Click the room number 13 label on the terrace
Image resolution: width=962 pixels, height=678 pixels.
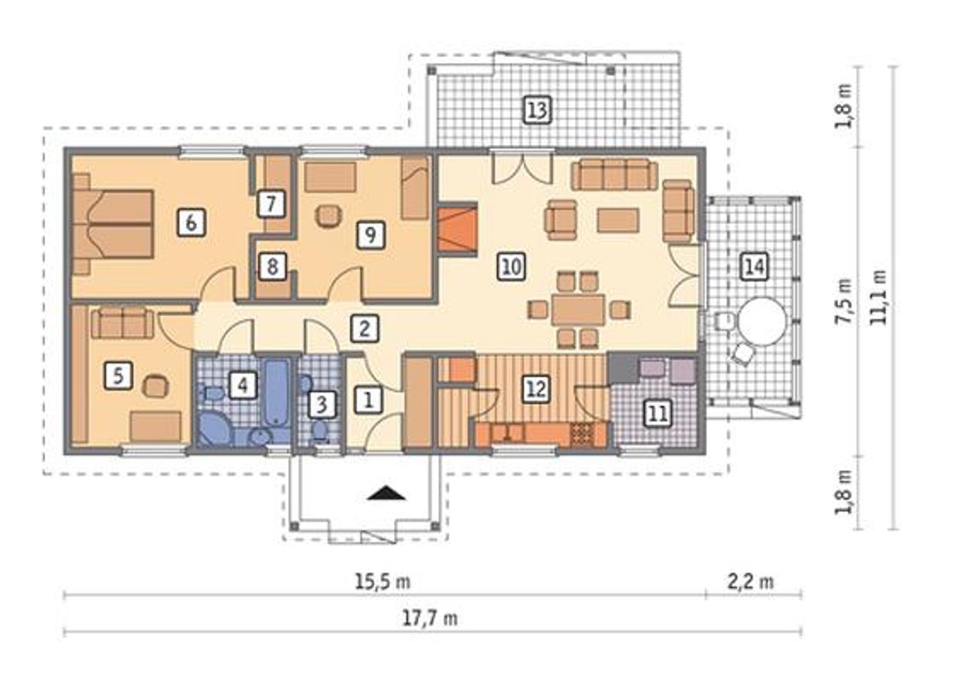(x=537, y=110)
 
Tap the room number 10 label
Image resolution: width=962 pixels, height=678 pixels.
(x=512, y=267)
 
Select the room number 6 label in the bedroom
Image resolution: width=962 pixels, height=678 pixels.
(x=191, y=222)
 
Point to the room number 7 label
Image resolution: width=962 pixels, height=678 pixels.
(x=271, y=203)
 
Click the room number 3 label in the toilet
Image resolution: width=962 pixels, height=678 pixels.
(x=322, y=405)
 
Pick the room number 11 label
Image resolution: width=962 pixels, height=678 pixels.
(x=658, y=414)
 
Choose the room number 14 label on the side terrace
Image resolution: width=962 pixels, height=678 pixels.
(x=755, y=267)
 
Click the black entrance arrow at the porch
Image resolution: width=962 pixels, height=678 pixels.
(x=387, y=493)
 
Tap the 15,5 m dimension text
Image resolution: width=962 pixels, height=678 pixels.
(x=383, y=583)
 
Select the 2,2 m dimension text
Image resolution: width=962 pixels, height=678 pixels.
(x=751, y=583)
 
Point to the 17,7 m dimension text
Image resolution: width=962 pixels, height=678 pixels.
(x=430, y=619)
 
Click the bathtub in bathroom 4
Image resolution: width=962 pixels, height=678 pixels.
(x=276, y=393)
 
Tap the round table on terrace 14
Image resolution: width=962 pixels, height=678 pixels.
(x=762, y=321)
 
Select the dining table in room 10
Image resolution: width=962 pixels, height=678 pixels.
(x=579, y=309)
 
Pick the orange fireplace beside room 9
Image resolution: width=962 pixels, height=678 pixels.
(x=458, y=230)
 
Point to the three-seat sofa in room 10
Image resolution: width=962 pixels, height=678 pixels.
(x=614, y=173)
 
